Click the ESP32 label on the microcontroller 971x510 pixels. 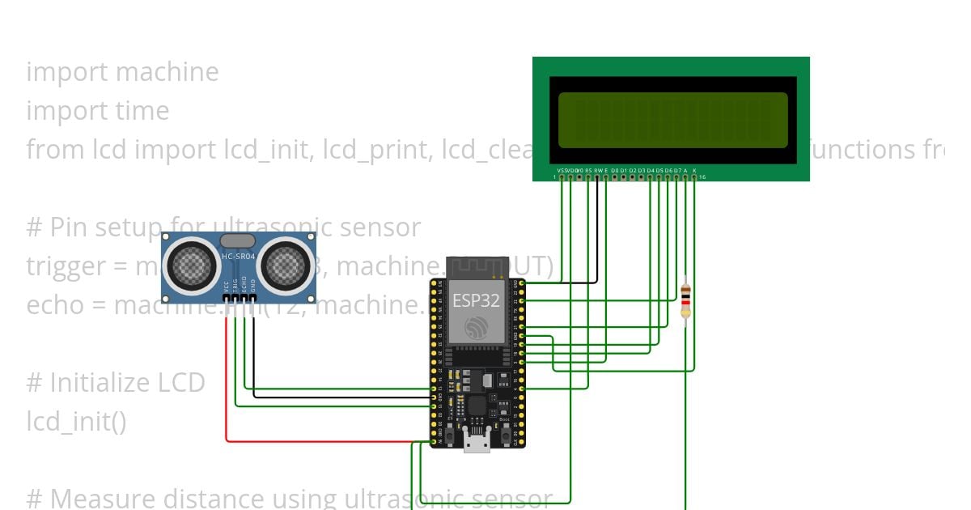(x=476, y=300)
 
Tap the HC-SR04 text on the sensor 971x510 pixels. (x=238, y=257)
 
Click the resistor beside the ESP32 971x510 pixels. (x=685, y=300)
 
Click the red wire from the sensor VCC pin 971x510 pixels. (x=226, y=380)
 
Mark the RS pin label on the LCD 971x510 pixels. (x=588, y=170)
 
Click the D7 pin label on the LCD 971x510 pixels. (x=676, y=170)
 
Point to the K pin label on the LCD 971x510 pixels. (x=694, y=170)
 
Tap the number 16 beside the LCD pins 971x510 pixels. (x=702, y=176)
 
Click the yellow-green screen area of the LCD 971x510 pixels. (x=672, y=120)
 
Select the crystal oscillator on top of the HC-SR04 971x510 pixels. (x=238, y=240)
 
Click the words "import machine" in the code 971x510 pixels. (x=122, y=72)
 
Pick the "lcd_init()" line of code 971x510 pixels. (x=76, y=422)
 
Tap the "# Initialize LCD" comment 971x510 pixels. (x=116, y=383)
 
